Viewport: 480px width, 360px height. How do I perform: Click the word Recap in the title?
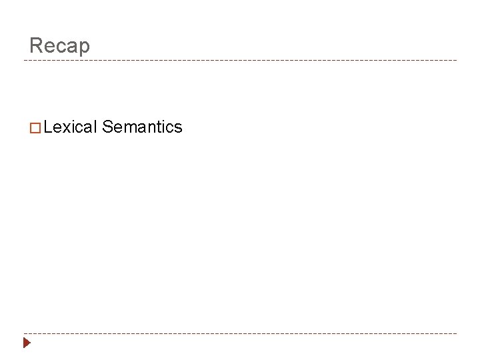click(x=59, y=45)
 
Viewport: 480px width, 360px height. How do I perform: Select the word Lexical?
click(x=71, y=127)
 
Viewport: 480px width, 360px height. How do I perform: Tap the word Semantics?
click(x=142, y=127)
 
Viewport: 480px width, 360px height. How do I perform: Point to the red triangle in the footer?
click(x=27, y=343)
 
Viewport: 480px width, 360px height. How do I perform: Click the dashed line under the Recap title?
click(x=240, y=61)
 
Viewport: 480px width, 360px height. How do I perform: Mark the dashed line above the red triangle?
click(x=240, y=333)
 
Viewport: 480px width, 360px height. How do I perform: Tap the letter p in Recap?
click(x=83, y=47)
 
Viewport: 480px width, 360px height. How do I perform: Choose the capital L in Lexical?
click(x=48, y=127)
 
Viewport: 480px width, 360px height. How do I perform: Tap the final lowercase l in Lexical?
click(x=96, y=127)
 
